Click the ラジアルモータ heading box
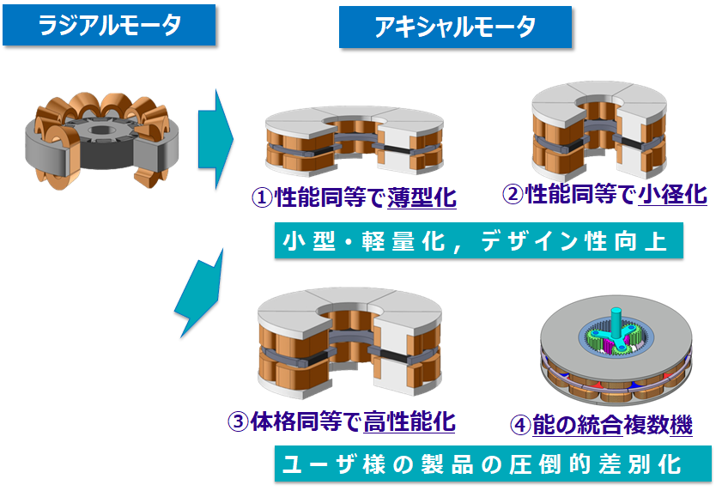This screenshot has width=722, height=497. (110, 26)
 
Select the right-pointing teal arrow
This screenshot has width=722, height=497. (215, 136)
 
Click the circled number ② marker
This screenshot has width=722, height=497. (512, 196)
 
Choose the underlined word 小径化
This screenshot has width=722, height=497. (673, 196)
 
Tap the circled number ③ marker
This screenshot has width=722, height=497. (238, 421)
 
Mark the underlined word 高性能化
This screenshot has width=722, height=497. (410, 421)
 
